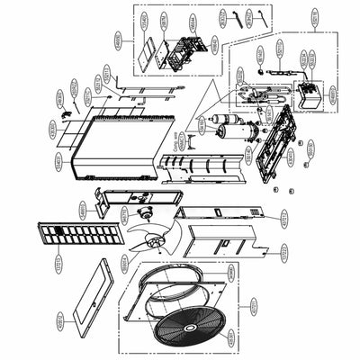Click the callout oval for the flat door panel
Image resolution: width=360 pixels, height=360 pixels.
(x=60, y=318)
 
